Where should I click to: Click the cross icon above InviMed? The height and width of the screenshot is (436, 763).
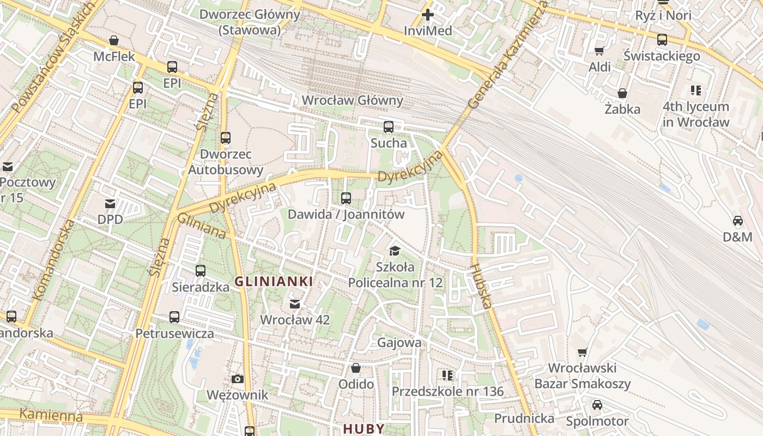428,15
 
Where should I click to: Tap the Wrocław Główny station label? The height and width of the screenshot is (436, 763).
352,100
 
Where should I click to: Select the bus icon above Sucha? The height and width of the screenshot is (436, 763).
389,127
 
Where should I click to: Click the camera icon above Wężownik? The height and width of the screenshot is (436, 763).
237,379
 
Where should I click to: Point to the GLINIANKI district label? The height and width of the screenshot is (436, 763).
274,282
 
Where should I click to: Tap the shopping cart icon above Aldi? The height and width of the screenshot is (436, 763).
599,51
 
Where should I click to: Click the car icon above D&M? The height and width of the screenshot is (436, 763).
737,221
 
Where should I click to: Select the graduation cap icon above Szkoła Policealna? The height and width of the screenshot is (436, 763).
395,251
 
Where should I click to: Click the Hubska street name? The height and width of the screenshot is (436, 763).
481,286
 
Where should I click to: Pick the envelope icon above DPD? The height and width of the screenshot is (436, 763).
110,204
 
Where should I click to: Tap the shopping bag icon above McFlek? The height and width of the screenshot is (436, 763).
114,40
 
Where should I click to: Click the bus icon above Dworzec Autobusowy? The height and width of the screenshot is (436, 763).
226,138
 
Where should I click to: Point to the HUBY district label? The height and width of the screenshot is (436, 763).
364,428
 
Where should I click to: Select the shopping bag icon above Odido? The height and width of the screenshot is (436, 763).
356,368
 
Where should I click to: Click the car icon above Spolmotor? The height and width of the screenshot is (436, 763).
597,405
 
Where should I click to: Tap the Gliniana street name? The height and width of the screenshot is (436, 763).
202,226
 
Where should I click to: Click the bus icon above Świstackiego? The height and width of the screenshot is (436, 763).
662,40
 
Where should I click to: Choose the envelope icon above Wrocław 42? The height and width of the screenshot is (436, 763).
295,304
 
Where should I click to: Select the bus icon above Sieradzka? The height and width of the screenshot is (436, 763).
201,270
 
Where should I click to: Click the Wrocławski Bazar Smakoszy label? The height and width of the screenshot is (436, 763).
582,376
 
